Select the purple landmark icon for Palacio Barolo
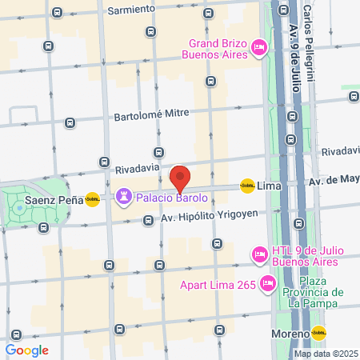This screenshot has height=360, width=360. click(123, 196)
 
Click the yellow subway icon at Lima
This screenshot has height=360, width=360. click(247, 185)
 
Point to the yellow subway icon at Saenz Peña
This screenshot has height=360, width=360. click(93, 200)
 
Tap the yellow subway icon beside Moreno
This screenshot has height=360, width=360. click(319, 333)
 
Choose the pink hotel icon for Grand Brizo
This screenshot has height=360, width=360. click(258, 48)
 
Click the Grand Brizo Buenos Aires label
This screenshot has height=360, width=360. click(218, 48)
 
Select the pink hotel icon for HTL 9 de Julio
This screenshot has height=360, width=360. click(258, 254)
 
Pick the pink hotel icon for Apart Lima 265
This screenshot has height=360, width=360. click(268, 282)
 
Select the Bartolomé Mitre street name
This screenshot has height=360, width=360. click(157, 114)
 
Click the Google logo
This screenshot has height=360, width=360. click(27, 350)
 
